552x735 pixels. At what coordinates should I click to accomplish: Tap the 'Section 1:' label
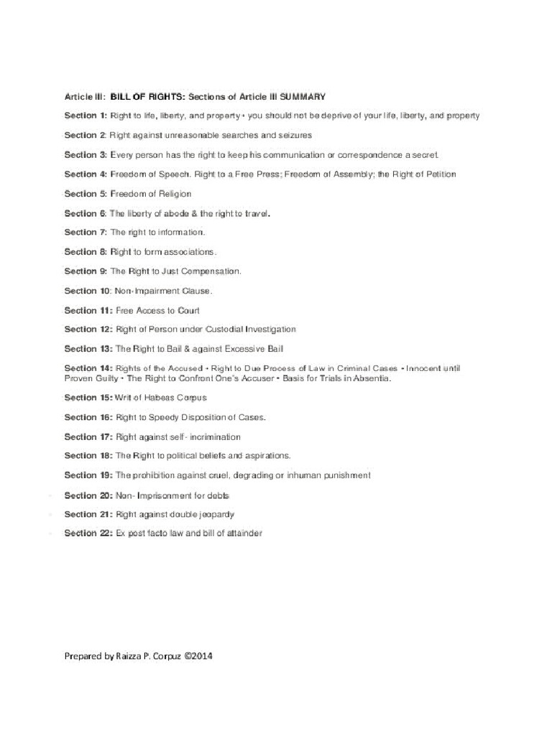[86, 116]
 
